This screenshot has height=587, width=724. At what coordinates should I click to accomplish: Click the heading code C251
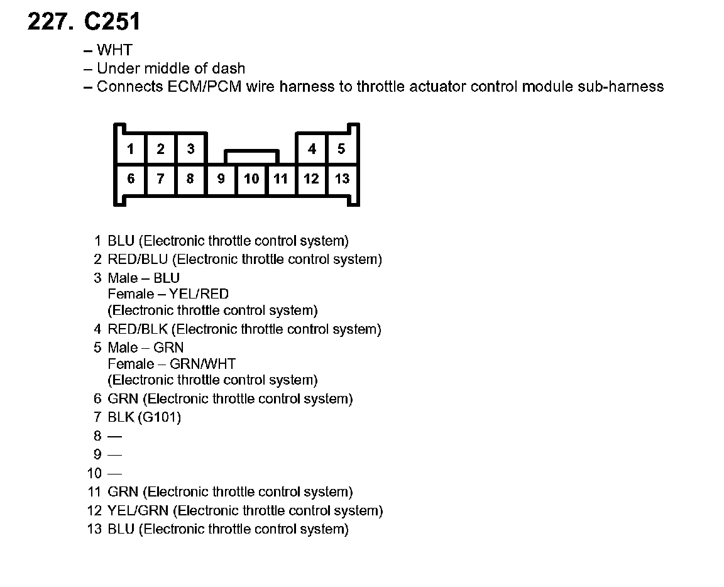112,22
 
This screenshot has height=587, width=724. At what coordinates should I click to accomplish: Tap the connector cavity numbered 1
131,149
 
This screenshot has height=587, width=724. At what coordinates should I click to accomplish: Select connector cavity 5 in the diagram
341,149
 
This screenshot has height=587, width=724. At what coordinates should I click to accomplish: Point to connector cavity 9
221,178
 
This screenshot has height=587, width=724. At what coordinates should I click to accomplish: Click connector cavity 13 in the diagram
342,178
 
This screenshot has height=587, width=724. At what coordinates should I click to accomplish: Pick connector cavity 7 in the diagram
161,178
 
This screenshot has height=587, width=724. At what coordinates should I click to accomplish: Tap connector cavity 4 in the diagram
312,149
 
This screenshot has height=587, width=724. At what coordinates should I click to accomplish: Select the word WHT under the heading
114,50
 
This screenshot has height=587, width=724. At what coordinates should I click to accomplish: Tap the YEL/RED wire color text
199,294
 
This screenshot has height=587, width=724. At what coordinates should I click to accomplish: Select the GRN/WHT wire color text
202,364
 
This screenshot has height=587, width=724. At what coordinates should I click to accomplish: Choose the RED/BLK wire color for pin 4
137,329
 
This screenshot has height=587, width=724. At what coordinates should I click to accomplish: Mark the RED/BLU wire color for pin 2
138,260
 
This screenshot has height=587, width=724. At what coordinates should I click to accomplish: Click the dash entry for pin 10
114,473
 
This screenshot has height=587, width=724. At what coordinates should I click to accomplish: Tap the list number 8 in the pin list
97,436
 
